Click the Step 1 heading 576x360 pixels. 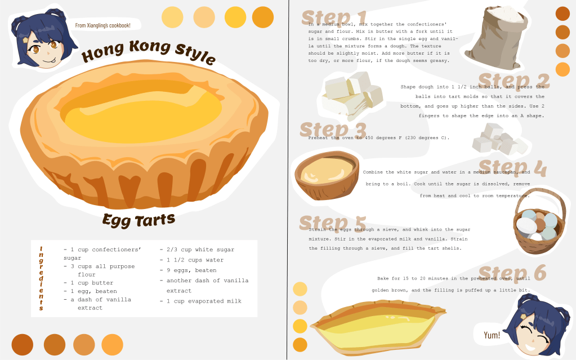(334, 17)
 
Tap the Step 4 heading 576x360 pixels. (512, 168)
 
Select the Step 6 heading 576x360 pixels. (512, 273)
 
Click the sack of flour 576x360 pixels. (496, 38)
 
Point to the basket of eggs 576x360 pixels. (539, 221)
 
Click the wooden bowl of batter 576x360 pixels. (327, 175)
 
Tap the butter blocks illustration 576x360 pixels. (352, 95)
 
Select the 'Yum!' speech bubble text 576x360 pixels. (492, 335)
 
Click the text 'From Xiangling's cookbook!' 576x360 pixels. (103, 25)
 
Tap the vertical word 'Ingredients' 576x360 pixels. (41, 279)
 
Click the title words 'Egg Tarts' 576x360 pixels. (139, 220)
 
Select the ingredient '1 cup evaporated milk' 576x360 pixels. (200, 301)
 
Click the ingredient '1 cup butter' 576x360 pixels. (88, 283)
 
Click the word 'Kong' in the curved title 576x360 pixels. (150, 47)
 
